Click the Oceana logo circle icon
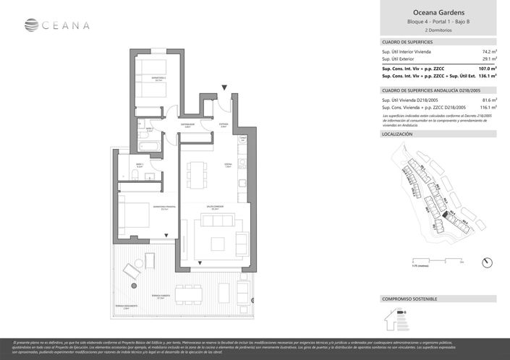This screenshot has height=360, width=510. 31,25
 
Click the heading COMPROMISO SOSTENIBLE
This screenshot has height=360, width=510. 409,299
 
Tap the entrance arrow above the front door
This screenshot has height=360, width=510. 225,87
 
